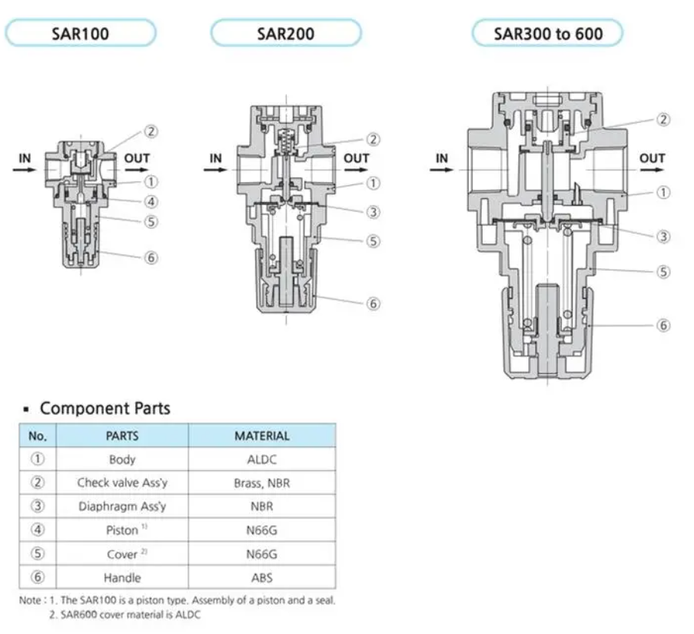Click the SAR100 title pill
tap(81, 33)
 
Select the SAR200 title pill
tap(285, 33)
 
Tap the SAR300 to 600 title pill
tap(547, 33)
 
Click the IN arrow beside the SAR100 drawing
tap(25, 169)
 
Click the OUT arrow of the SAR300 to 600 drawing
tap(652, 169)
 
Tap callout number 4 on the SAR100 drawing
tap(151, 202)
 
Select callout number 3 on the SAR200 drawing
tap(374, 212)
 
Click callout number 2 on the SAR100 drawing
tap(151, 131)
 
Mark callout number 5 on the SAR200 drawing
tap(374, 241)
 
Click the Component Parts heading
tap(105, 408)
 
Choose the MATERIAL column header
tap(261, 436)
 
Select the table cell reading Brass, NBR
tap(261, 483)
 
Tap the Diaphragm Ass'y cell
tap(122, 506)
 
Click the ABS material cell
tap(261, 577)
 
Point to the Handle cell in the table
tap(122, 577)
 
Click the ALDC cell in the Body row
tap(261, 460)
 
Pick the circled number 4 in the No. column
tap(38, 529)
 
